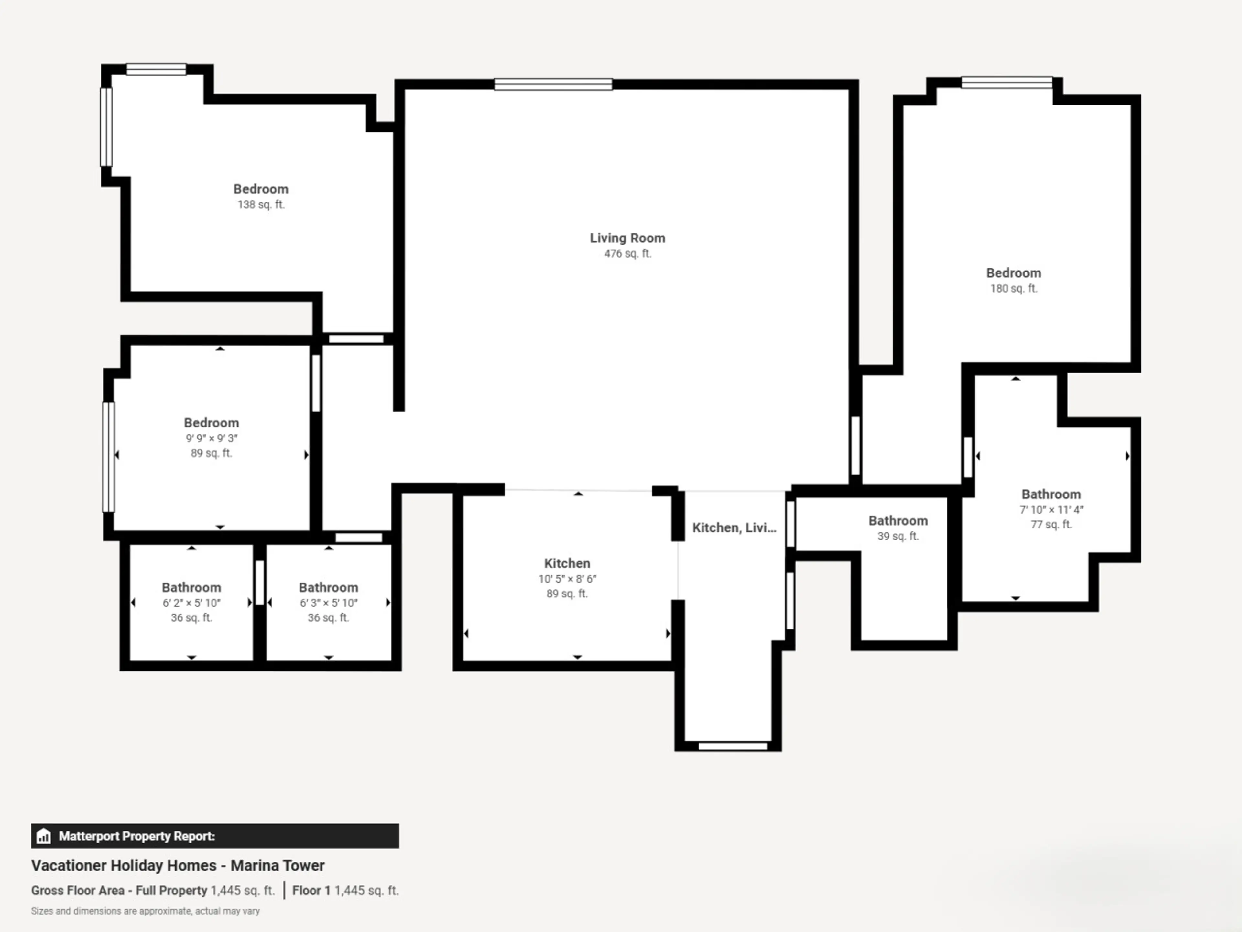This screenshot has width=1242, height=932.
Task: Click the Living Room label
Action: coord(627,238)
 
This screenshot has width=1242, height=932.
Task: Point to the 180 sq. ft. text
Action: coord(1013,289)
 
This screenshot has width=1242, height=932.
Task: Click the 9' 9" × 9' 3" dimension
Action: coord(212,438)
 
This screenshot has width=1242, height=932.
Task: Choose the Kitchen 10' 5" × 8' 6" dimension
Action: coord(567,579)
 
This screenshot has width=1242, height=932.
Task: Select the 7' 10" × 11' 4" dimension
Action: coord(1051,510)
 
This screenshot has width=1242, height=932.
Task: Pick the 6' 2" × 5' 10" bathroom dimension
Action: coord(191,603)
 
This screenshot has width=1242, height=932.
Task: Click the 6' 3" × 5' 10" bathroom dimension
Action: coord(329,603)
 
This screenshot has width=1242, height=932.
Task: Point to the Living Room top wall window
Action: coord(553,84)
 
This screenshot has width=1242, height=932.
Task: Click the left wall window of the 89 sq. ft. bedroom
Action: coord(108,457)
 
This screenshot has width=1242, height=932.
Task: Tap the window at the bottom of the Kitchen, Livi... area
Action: coord(733,746)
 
